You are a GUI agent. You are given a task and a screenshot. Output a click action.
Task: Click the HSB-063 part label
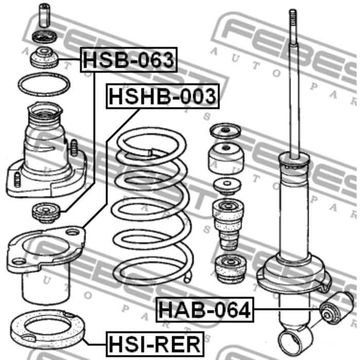click(129, 60)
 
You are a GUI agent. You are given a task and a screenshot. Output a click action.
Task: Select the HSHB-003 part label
click(163, 96)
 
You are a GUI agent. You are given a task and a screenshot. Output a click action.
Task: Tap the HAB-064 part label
click(205, 310)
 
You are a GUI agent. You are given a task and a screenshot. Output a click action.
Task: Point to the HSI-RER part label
click(155, 344)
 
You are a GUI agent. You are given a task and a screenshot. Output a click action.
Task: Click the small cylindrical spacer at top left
click(44, 15)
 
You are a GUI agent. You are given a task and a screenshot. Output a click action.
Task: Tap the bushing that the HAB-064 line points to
click(336, 308)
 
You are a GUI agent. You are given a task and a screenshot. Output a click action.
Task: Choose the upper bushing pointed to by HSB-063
click(44, 58)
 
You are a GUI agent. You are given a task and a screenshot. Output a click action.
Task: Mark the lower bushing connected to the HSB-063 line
click(46, 212)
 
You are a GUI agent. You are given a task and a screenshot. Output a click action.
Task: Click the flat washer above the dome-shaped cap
click(225, 131)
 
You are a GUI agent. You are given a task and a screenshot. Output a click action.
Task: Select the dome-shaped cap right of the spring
click(226, 158)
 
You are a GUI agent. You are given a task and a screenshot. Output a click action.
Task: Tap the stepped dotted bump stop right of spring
click(228, 224)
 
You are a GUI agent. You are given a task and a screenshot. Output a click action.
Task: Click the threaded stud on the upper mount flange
click(74, 148)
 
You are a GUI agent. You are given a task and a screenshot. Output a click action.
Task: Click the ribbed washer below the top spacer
click(44, 37)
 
